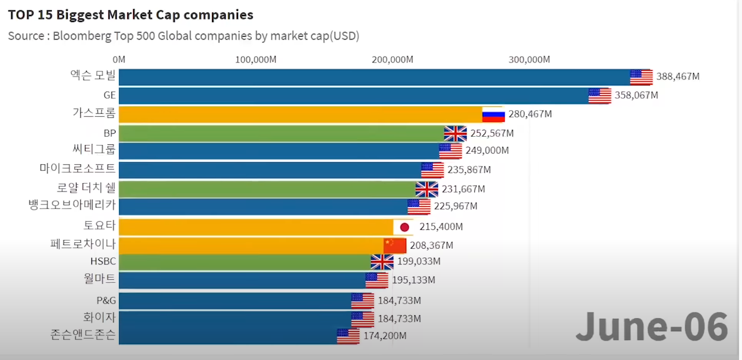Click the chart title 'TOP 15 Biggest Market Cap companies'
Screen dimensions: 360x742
[x=130, y=14]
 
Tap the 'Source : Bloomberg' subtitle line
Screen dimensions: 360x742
[x=183, y=36]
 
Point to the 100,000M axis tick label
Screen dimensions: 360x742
[x=256, y=60]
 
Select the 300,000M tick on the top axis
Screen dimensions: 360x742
[x=529, y=60]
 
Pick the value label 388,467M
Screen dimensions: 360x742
[x=678, y=77]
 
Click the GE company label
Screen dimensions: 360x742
[x=110, y=95]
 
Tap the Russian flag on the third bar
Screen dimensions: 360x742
[x=493, y=114]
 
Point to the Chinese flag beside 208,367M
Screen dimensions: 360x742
[x=395, y=245]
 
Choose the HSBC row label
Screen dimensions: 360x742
[x=103, y=261]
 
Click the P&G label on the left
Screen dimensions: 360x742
[x=106, y=300]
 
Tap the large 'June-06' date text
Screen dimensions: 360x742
[x=652, y=327]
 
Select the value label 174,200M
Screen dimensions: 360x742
[x=385, y=336]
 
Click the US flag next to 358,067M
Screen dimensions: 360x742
[x=599, y=95]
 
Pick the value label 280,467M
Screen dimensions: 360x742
[x=530, y=114]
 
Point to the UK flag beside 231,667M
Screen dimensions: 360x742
[x=427, y=189]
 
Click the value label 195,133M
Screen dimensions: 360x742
[x=413, y=280]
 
